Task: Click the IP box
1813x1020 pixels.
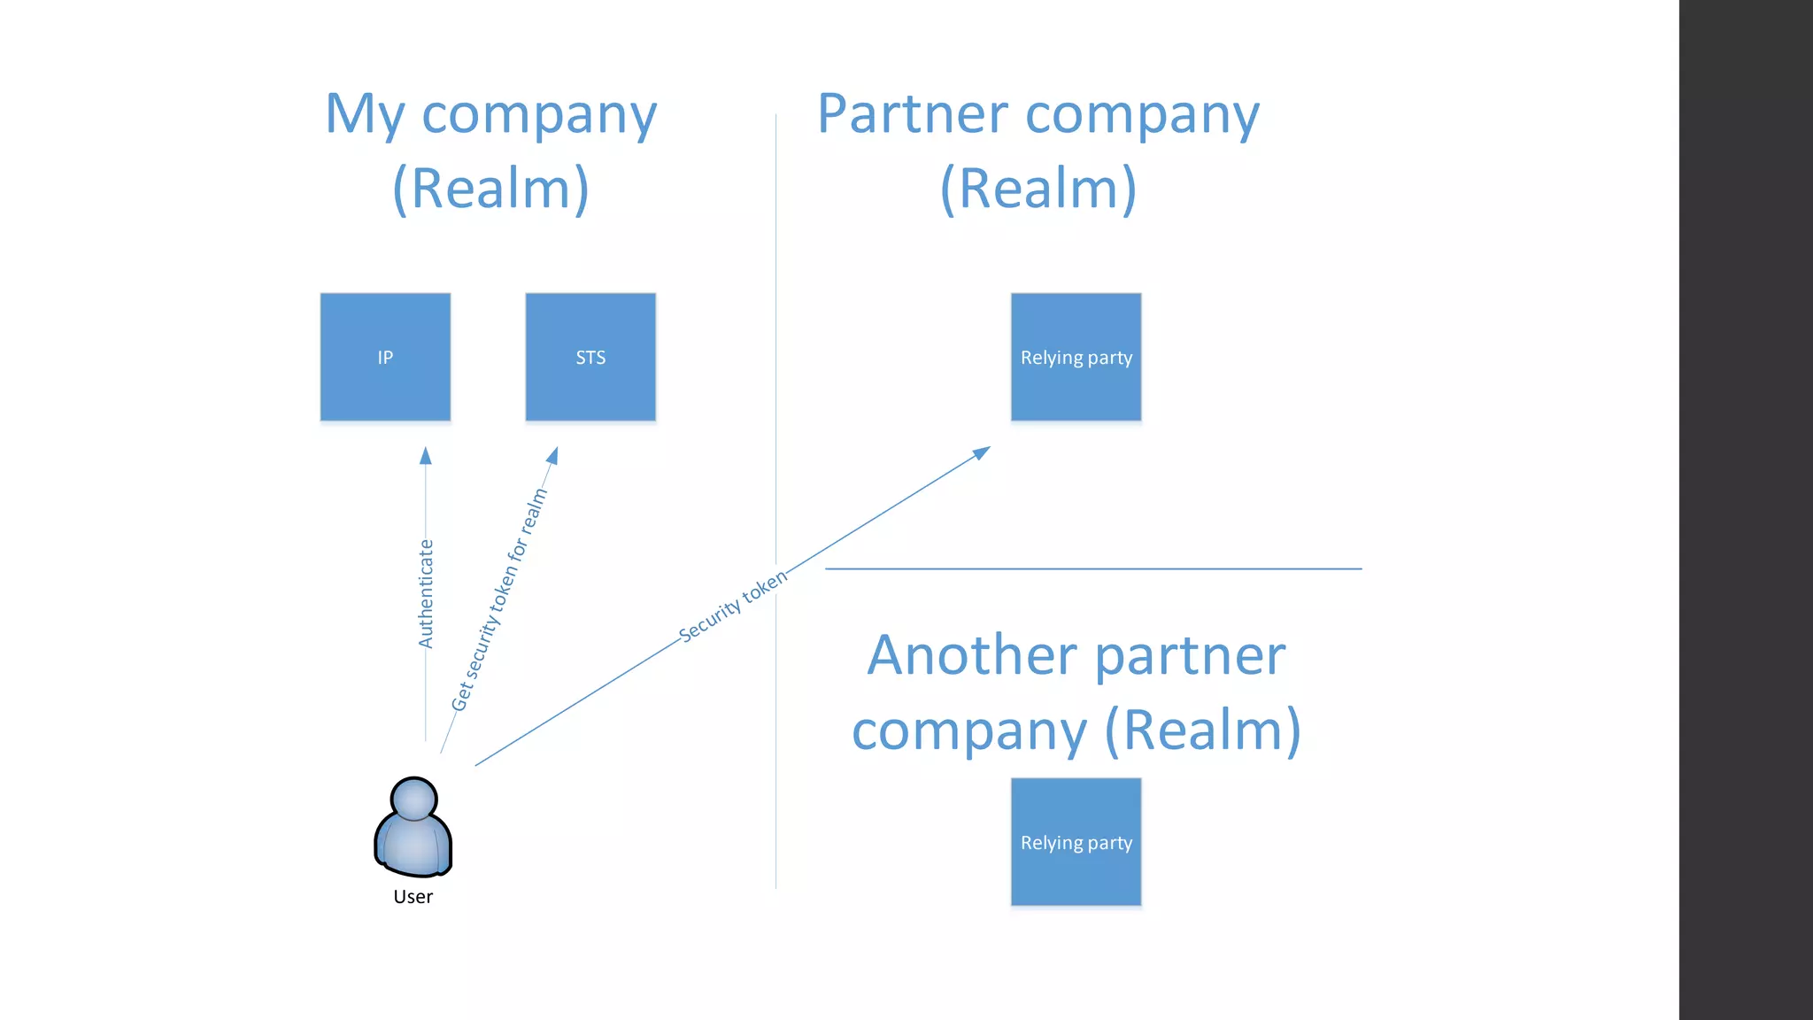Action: [x=385, y=357]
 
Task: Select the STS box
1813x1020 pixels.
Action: [x=590, y=357]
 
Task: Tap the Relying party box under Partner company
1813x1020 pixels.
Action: [x=1076, y=357]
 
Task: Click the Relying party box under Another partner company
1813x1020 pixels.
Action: [x=1076, y=842]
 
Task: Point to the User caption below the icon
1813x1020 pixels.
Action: [x=413, y=897]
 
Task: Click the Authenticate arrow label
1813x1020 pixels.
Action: [x=426, y=594]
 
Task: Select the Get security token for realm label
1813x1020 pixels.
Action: [x=499, y=599]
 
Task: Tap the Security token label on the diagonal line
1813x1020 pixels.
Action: [x=732, y=606]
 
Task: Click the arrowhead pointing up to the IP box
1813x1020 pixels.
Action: [x=426, y=455]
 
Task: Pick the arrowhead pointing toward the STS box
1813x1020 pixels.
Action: [x=553, y=455]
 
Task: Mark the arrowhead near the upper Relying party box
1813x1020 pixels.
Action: [x=982, y=452]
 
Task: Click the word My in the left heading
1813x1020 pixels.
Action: [x=365, y=115]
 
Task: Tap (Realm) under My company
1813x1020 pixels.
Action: [x=490, y=188]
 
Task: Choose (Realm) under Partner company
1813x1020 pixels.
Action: [x=1038, y=188]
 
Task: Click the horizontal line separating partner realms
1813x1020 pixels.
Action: [x=1093, y=568]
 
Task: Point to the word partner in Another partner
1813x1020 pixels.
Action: [x=1190, y=657]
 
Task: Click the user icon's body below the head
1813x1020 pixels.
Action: [x=413, y=846]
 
